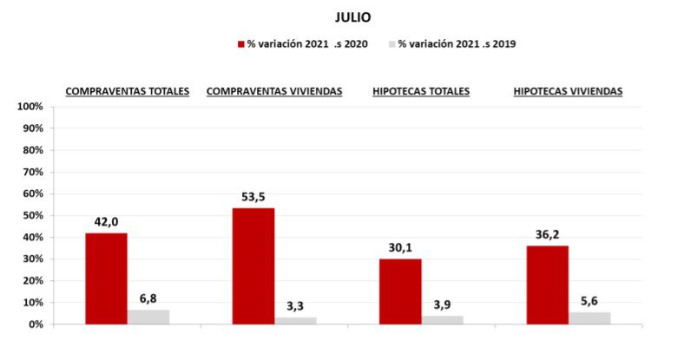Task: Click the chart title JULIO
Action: coord(353,16)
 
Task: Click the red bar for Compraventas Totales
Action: coord(106,278)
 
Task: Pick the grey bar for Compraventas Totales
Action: coord(148,317)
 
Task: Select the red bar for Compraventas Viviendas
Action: coord(253,265)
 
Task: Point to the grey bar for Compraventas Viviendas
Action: coord(296,320)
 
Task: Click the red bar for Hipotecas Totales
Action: coord(400,291)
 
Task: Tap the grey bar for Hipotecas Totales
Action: coord(443,319)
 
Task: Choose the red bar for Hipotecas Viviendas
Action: coord(548,285)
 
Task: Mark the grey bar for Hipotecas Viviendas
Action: coord(590,317)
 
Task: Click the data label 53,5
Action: coord(253,197)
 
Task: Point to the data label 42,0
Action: coord(106,222)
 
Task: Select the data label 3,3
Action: coord(296,305)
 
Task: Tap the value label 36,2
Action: coord(548,234)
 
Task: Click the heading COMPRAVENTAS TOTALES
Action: coord(128,91)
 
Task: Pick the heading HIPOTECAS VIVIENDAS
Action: coord(568,91)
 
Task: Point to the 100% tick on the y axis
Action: coord(30,107)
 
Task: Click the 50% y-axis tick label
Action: coord(33,215)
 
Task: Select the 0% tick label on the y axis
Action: coord(36,324)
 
